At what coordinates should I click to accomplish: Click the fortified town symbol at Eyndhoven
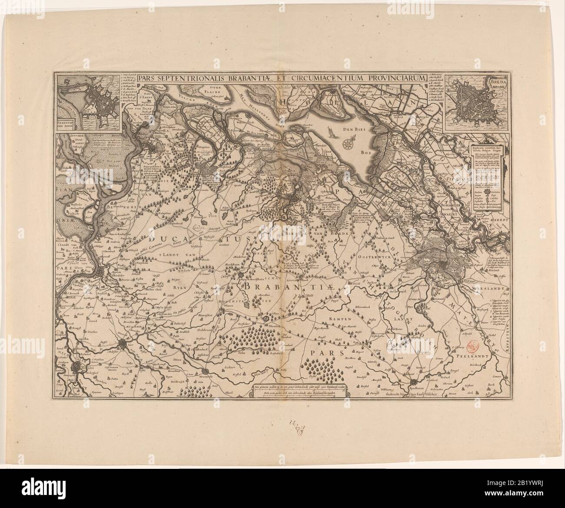(x=413, y=383)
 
